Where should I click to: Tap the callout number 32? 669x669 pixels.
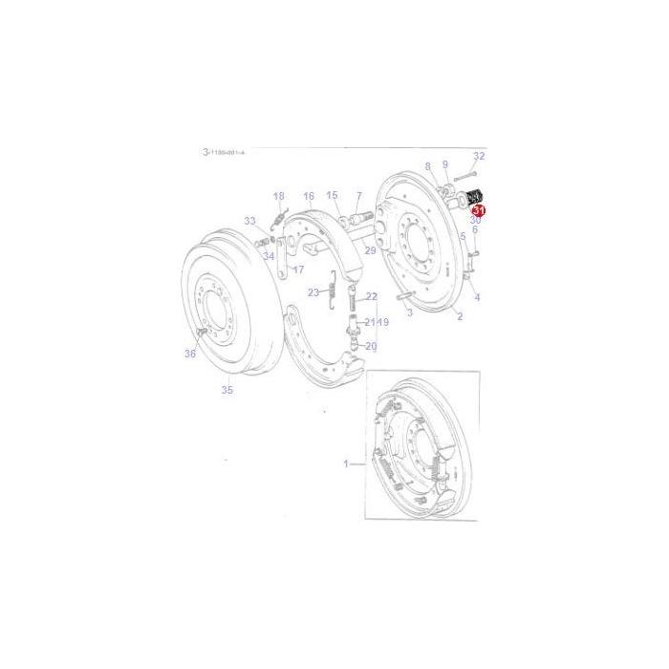479,156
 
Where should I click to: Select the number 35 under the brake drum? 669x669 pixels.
227,389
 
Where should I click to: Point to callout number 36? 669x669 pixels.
190,354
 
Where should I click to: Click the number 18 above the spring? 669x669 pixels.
279,197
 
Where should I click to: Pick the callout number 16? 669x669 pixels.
309,195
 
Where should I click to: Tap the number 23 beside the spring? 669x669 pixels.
313,291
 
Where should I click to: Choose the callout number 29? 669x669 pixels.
370,249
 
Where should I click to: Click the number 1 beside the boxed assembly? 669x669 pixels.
347,464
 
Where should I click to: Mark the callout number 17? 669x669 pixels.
298,270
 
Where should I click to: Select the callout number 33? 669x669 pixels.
249,221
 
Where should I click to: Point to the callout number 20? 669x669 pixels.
371,346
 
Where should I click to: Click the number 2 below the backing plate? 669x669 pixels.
460,316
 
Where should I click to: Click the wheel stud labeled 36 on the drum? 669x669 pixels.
203,331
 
